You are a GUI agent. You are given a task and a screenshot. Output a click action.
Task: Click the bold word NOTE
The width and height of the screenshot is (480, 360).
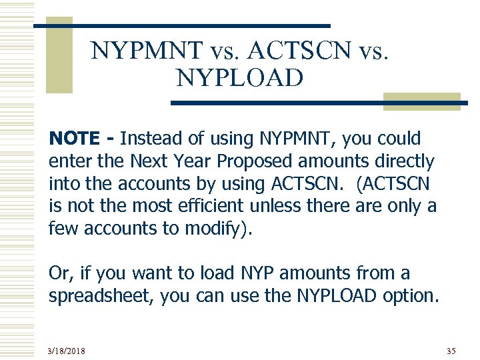[74, 139]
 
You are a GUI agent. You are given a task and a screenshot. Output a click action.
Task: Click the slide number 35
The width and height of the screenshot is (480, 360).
[451, 350]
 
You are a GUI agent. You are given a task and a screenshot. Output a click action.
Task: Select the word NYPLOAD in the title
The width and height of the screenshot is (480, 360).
[239, 79]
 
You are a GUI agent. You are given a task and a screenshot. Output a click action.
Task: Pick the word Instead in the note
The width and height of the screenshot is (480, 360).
[148, 139]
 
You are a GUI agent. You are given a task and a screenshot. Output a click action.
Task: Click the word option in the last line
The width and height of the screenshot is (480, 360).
[412, 296]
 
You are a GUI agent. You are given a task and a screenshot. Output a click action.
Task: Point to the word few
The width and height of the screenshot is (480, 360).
[61, 229]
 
